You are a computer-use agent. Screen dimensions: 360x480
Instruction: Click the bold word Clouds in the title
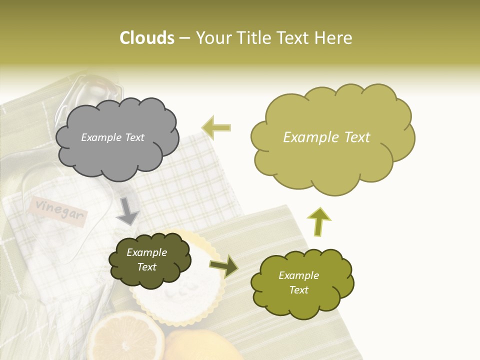tap(147, 38)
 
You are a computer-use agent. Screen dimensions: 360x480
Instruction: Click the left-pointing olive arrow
tap(216, 127)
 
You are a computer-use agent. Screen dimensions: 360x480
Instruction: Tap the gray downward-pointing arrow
tap(128, 211)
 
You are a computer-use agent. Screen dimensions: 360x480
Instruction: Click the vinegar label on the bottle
tap(59, 210)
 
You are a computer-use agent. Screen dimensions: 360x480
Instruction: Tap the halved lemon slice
tap(124, 337)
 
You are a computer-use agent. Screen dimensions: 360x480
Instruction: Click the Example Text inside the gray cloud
tap(112, 137)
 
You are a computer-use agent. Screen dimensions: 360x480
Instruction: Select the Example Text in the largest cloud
tap(326, 137)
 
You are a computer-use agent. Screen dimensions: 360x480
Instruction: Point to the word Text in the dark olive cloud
tap(147, 267)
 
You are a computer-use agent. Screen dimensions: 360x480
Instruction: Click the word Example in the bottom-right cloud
tap(298, 275)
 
